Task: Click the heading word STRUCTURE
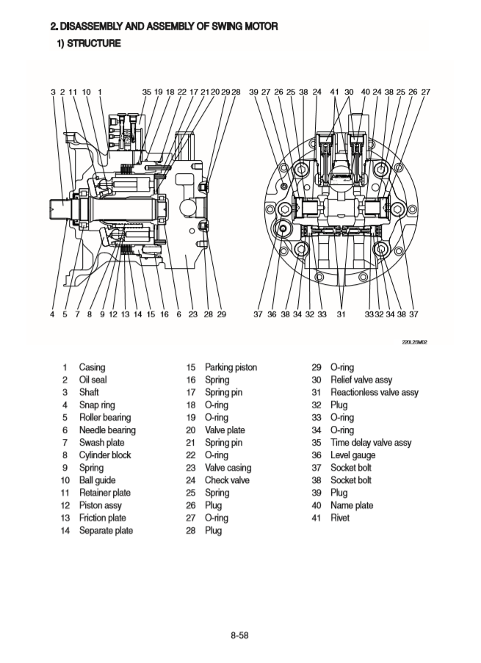tap(95, 43)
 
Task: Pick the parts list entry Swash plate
tap(101, 443)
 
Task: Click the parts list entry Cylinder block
tap(105, 455)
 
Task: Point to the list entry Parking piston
tap(231, 367)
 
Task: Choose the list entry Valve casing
tap(228, 468)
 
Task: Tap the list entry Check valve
tap(227, 480)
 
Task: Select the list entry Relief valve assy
tap(361, 380)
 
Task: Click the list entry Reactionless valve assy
tap(374, 392)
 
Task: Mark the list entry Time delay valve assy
tap(371, 443)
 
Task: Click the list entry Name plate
tap(352, 505)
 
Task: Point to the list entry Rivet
tap(340, 518)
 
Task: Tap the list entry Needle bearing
tap(107, 430)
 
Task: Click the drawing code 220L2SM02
tap(415, 342)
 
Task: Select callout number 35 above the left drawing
tap(146, 92)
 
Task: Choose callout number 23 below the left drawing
tap(192, 314)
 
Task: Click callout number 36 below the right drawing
tap(272, 314)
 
